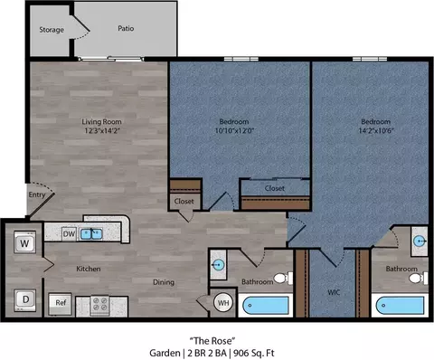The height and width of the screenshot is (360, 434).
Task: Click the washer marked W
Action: (x=25, y=242)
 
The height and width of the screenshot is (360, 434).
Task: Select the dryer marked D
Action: (x=25, y=299)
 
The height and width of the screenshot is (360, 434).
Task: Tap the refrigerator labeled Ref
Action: (x=61, y=304)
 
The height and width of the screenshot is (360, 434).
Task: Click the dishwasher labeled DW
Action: (x=69, y=234)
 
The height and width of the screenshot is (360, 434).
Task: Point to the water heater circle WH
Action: (x=223, y=302)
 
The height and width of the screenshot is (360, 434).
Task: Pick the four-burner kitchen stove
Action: (x=99, y=304)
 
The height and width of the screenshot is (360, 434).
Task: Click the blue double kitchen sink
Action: (x=91, y=234)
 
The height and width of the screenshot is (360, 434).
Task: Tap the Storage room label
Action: (x=52, y=30)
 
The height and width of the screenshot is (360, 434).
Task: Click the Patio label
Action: (x=126, y=28)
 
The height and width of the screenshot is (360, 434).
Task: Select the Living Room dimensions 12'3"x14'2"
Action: (x=102, y=130)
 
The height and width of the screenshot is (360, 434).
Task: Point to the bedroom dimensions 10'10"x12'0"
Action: (x=234, y=130)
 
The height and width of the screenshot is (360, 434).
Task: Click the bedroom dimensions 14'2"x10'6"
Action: (x=376, y=130)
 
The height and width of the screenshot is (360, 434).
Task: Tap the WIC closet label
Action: (x=334, y=292)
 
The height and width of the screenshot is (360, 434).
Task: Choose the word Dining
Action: (x=164, y=282)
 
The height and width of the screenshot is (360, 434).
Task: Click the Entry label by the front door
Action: (x=37, y=194)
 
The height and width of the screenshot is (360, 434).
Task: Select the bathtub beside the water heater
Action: (x=266, y=306)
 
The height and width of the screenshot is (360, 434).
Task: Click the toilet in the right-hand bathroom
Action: (x=419, y=278)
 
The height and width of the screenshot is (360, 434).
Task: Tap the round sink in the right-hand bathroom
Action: (x=420, y=242)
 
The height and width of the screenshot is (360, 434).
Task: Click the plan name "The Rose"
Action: (x=212, y=341)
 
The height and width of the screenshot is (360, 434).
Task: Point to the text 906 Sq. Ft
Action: (x=254, y=353)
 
